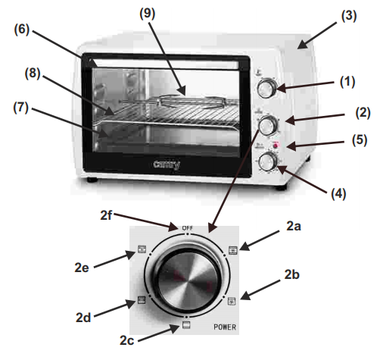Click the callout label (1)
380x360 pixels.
click(347, 82)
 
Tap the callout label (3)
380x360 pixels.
click(349, 16)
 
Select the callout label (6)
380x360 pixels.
click(22, 30)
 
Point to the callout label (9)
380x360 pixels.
click(148, 14)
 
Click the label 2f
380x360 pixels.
click(106, 215)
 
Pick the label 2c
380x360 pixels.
click(126, 340)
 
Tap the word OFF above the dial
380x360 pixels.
click(188, 228)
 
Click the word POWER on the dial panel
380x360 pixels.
click(225, 327)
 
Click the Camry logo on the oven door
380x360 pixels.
click(167, 164)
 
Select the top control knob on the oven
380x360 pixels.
click(266, 89)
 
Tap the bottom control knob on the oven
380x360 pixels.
click(268, 161)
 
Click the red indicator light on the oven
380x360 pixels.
click(276, 146)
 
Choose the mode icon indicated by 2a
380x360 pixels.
click(232, 250)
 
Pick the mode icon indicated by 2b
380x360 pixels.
click(232, 301)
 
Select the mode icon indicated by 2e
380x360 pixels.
click(142, 249)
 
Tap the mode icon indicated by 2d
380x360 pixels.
click(142, 300)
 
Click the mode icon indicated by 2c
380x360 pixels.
click(186, 325)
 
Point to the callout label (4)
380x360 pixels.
click(338, 194)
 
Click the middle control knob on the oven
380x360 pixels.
click(268, 126)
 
